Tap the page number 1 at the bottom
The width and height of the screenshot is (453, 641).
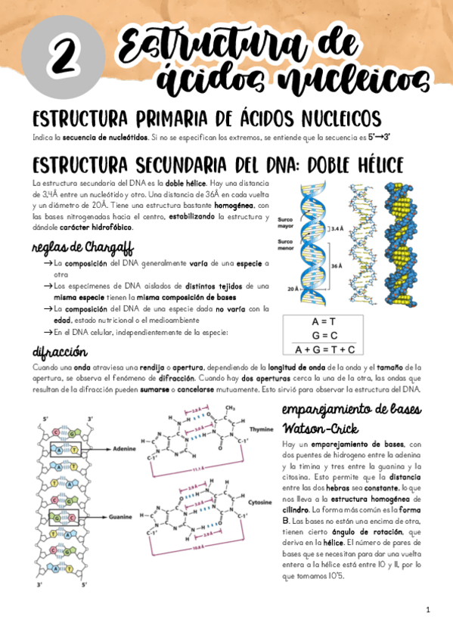(428, 609)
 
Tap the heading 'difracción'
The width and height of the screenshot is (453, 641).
(60, 353)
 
